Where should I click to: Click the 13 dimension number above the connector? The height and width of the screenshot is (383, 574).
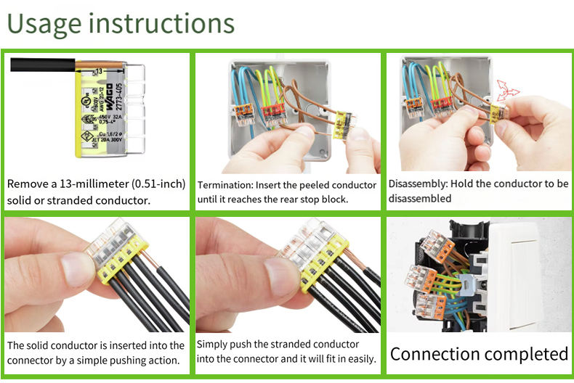point(98,71)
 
